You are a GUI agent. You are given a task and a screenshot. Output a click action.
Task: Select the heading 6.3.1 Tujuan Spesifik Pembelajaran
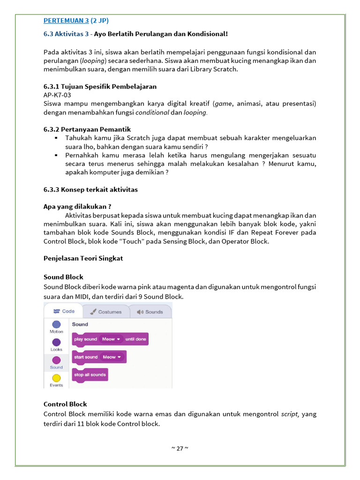(x=100, y=87)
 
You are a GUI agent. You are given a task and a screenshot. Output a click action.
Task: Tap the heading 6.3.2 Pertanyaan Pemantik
(x=87, y=129)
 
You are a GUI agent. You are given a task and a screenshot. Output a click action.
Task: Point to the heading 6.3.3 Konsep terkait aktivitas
(x=90, y=190)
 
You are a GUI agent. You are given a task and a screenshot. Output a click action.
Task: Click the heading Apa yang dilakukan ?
(x=77, y=206)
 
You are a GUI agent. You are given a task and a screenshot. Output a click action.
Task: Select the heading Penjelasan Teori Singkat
(x=83, y=258)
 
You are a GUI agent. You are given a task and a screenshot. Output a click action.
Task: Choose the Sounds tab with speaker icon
(x=150, y=312)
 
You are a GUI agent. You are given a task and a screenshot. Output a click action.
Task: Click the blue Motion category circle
(x=56, y=324)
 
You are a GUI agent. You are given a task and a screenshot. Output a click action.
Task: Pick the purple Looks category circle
(x=56, y=342)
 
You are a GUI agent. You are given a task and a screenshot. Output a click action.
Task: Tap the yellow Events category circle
(x=56, y=378)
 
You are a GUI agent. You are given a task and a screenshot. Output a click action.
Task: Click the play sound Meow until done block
(x=110, y=339)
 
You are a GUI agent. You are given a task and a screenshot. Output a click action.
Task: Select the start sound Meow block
(x=99, y=357)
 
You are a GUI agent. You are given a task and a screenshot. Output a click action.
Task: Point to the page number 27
(x=180, y=448)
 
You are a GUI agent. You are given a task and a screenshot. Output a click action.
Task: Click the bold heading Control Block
(x=65, y=404)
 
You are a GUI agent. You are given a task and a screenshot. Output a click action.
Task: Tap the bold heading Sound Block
(x=63, y=277)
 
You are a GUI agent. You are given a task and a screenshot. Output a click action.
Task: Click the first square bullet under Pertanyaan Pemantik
(x=56, y=138)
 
